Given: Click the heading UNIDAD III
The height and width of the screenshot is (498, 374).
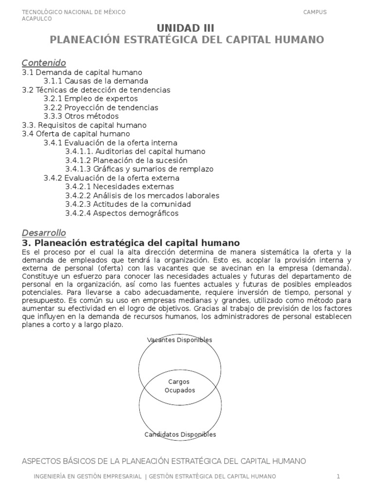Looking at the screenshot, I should coord(187,28).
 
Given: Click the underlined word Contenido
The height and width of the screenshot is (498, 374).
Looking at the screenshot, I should coord(44,63).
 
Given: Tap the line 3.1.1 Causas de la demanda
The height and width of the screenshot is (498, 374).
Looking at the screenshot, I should coord(95,81).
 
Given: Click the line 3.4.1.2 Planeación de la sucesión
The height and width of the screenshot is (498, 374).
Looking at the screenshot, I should coord(126,160).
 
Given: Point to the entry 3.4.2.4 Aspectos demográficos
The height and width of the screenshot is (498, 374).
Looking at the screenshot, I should coord(122,213).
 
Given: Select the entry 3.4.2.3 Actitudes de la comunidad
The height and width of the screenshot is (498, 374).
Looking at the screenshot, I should coord(128,204).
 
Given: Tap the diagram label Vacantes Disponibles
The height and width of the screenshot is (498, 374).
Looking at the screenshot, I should coord(180,340).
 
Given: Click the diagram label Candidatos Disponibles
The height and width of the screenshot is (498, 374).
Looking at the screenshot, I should coord(180,434).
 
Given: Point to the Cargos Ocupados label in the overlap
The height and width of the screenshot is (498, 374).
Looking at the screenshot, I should coord(179,386).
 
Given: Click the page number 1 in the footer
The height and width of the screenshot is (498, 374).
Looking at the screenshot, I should coord(338,476).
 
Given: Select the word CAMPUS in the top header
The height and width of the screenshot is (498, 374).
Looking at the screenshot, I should coord(315,12).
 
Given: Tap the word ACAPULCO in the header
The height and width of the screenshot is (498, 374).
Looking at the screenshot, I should coord(37,19).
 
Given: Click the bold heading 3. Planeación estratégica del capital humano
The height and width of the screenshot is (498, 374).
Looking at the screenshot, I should coord(131,242).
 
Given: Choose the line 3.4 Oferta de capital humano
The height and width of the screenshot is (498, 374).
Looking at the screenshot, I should coord(76,134).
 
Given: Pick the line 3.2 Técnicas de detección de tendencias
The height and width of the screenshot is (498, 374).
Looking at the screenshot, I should coord(96,90).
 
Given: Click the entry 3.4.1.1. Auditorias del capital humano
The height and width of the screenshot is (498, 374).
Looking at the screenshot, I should coord(135,151).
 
